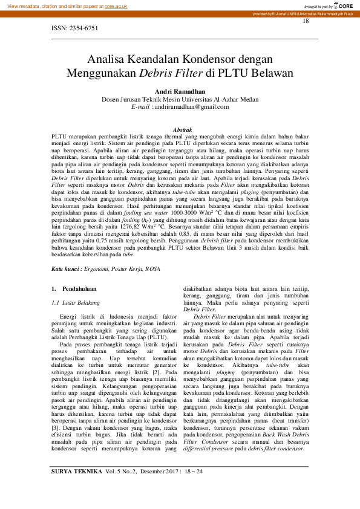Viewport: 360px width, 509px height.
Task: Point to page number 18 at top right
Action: coord(306,21)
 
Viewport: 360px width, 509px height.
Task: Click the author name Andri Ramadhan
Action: coord(180,91)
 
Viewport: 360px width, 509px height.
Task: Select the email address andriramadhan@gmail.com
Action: coord(192,107)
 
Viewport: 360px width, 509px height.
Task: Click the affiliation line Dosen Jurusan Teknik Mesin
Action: coord(180,99)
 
